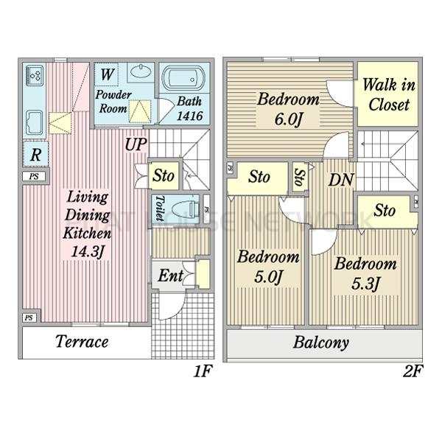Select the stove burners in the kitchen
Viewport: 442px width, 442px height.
click(35, 75)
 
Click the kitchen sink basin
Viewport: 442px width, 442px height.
click(34, 122)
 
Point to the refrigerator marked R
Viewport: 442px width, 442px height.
click(35, 155)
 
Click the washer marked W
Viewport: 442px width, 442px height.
click(107, 74)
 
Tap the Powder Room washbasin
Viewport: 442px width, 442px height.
click(140, 74)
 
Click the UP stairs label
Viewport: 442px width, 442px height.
click(135, 144)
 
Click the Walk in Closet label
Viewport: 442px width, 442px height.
click(387, 94)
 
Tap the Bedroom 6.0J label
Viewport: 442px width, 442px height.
click(288, 108)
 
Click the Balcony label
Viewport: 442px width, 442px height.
click(321, 343)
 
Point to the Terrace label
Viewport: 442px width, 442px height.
click(82, 342)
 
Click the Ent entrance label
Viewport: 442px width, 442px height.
click(171, 276)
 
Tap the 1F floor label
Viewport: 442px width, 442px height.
click(203, 372)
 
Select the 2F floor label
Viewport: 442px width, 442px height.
click(413, 372)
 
